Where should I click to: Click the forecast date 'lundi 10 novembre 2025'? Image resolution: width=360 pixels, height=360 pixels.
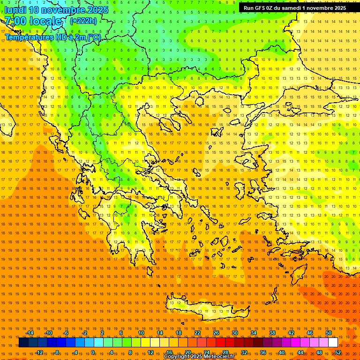(x=56, y=10)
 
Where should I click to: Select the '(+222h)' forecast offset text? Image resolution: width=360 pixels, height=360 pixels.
(x=83, y=21)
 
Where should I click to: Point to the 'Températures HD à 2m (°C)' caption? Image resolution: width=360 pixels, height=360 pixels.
(x=52, y=37)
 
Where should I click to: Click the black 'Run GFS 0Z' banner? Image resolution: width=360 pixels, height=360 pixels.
(x=294, y=8)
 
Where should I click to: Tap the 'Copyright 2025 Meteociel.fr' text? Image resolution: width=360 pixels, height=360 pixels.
(x=199, y=357)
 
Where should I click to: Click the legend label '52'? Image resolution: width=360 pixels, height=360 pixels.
(x=337, y=352)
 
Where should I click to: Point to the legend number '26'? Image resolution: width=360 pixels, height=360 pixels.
(x=216, y=333)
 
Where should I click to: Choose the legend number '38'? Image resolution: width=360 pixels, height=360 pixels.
(x=272, y=333)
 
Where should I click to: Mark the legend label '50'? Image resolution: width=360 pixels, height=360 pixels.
(x=328, y=333)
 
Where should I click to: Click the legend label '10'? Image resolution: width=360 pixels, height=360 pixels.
(x=141, y=333)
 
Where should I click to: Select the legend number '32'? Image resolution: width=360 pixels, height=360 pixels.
(x=244, y=352)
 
